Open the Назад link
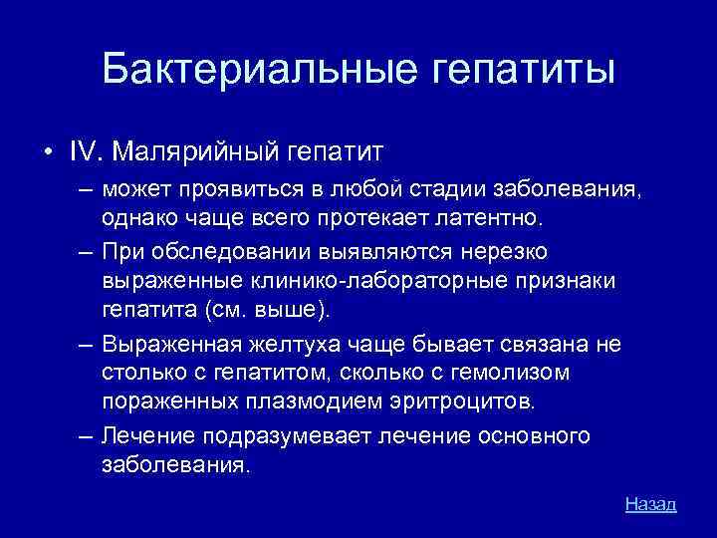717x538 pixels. coord(650,504)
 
